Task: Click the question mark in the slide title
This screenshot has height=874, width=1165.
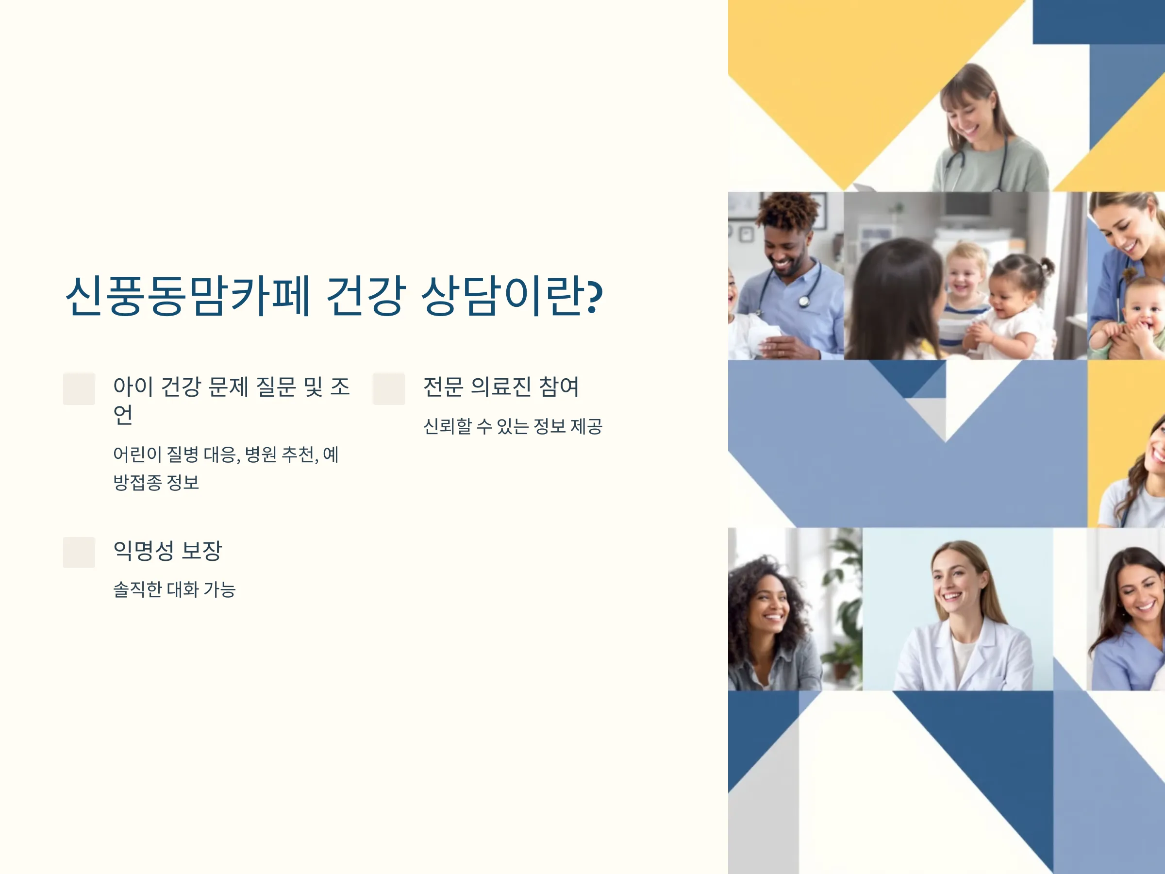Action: [595, 296]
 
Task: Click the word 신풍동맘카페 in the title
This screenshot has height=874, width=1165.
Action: [188, 296]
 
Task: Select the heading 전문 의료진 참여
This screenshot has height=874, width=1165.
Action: [501, 387]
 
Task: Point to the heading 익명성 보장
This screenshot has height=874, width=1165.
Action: [167, 551]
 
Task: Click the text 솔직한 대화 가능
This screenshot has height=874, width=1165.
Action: [174, 589]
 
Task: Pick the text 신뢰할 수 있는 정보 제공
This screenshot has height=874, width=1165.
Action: [513, 426]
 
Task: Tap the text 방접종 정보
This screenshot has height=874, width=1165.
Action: [156, 482]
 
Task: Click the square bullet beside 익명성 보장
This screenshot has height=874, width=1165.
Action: [79, 552]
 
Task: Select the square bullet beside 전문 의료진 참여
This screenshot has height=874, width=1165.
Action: [389, 389]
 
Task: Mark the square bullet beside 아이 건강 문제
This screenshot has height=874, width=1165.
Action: [79, 389]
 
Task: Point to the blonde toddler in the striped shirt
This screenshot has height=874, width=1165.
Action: [965, 295]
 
